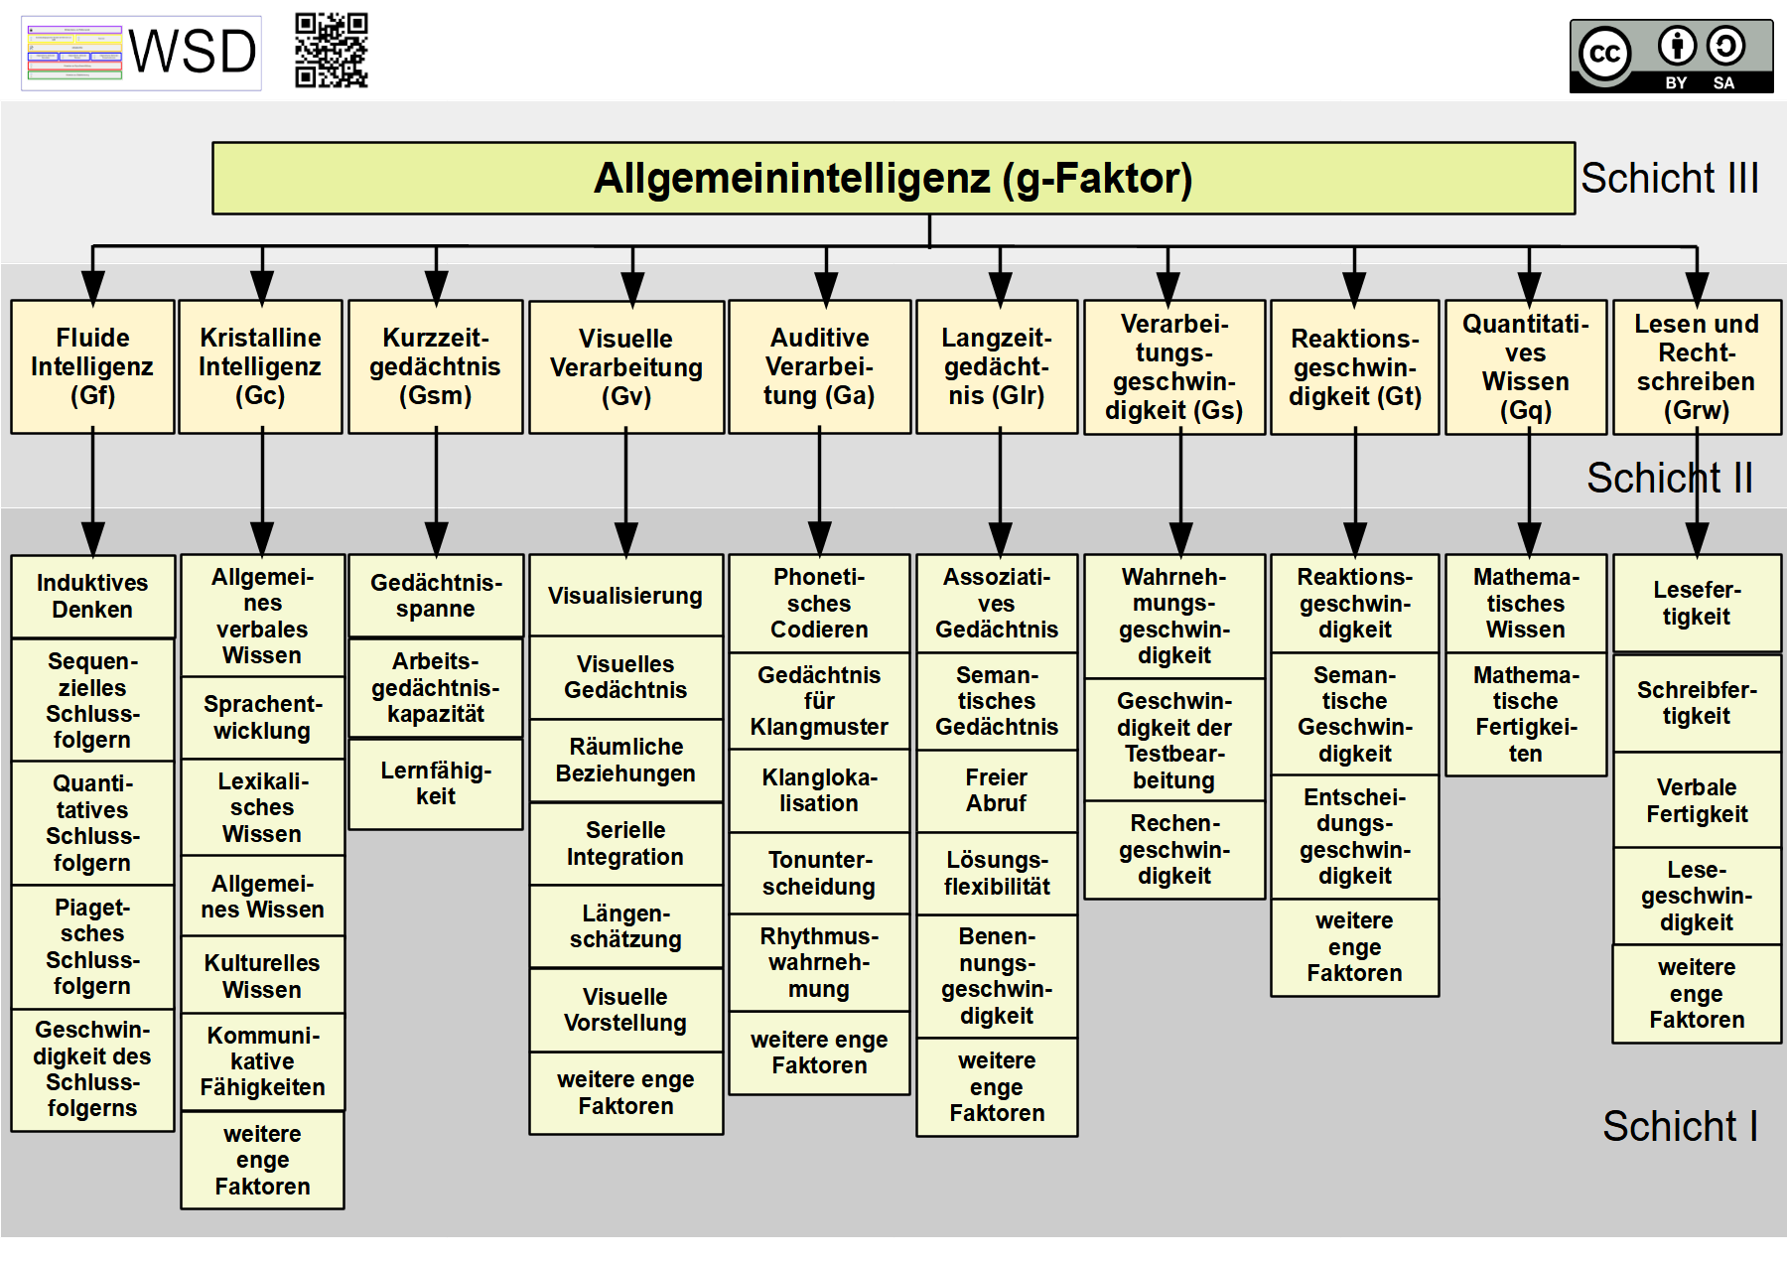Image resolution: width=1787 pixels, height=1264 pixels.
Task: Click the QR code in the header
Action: point(332,51)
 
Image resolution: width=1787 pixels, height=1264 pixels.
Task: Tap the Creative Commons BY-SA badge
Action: point(1671,57)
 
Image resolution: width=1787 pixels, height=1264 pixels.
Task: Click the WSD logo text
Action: point(193,52)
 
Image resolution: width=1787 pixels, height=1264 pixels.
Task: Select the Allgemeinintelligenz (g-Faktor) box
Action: point(893,179)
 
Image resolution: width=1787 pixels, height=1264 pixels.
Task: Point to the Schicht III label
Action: point(1669,179)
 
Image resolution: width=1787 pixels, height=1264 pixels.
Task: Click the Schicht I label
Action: point(1680,1126)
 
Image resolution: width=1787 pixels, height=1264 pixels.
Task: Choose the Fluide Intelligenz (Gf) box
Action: point(92,366)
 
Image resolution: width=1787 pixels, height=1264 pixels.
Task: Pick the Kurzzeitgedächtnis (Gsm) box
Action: point(435,366)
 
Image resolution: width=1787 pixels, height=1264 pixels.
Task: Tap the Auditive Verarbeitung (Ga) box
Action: point(819,366)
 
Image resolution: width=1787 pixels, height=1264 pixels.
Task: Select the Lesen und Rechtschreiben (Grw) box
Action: point(1697,366)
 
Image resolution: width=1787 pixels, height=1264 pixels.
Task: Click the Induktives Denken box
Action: point(92,596)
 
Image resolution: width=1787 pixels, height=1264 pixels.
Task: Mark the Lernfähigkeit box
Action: point(435,783)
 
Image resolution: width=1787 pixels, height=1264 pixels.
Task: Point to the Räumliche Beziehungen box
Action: point(625,761)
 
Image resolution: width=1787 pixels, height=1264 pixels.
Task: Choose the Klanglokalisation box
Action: point(819,790)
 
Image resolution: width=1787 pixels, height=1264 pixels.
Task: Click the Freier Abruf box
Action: point(996,790)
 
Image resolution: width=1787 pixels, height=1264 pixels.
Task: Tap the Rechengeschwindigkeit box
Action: point(1173,850)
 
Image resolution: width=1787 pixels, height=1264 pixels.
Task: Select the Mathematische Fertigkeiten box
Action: point(1525,714)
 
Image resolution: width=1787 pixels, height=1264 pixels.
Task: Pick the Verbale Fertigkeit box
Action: point(1697,800)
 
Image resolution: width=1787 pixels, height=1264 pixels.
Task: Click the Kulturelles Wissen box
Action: point(262,976)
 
